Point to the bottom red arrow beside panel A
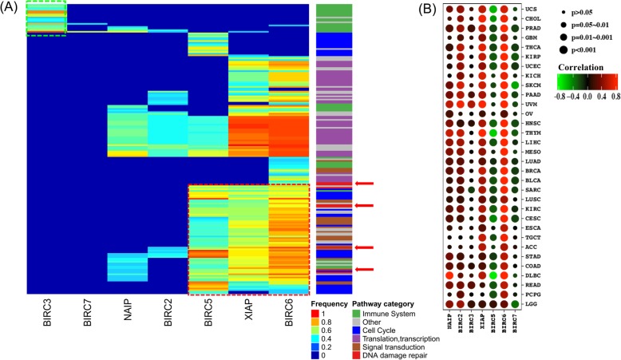tap(363, 270)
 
